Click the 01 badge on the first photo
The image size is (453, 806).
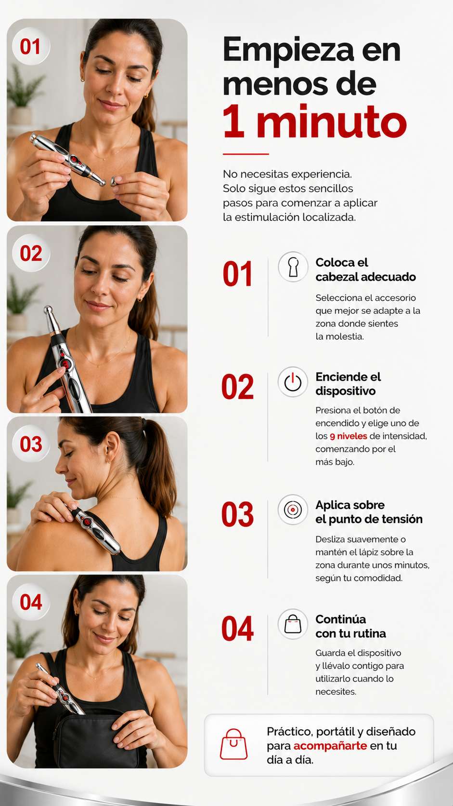pyautogui.click(x=31, y=46)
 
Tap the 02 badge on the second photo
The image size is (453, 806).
pyautogui.click(x=31, y=253)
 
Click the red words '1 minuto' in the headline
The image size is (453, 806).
pyautogui.click(x=315, y=121)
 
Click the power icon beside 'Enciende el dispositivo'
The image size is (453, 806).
pyautogui.click(x=293, y=382)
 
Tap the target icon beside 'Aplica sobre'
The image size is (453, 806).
pyautogui.click(x=293, y=510)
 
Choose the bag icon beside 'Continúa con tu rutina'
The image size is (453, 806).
pyautogui.click(x=293, y=624)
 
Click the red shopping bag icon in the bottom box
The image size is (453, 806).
pyautogui.click(x=233, y=744)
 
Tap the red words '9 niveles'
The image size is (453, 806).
pyautogui.click(x=349, y=436)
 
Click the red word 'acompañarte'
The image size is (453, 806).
pyautogui.click(x=330, y=746)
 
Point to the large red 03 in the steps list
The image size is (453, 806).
pyautogui.click(x=237, y=514)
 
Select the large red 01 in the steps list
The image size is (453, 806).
pyautogui.click(x=237, y=274)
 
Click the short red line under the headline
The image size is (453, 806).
pyautogui.click(x=246, y=154)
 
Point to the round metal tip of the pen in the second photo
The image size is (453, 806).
pyautogui.click(x=48, y=309)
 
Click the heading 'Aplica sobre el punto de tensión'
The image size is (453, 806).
pyautogui.click(x=369, y=512)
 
